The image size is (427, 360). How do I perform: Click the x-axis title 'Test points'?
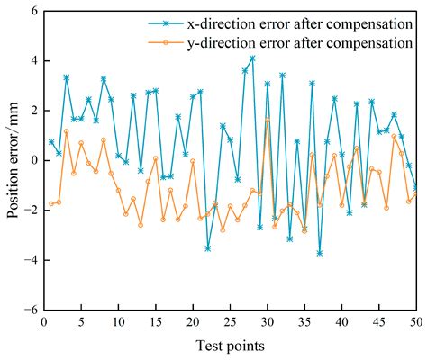pyautogui.click(x=230, y=346)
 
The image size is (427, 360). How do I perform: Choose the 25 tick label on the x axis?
pyautogui.click(x=230, y=322)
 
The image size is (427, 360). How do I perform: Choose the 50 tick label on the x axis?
pyautogui.click(x=416, y=322)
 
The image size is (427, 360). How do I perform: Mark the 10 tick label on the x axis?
pyautogui.click(x=118, y=322)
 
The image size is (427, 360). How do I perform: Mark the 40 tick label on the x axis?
pyautogui.click(x=341, y=322)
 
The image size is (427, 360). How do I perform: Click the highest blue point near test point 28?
pyautogui.click(x=252, y=58)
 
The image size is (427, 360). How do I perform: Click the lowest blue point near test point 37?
pyautogui.click(x=319, y=253)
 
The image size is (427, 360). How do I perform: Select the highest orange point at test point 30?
pyautogui.click(x=267, y=120)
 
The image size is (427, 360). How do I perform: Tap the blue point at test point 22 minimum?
pyautogui.click(x=207, y=248)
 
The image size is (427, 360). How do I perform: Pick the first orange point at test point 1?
pyautogui.click(x=51, y=203)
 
